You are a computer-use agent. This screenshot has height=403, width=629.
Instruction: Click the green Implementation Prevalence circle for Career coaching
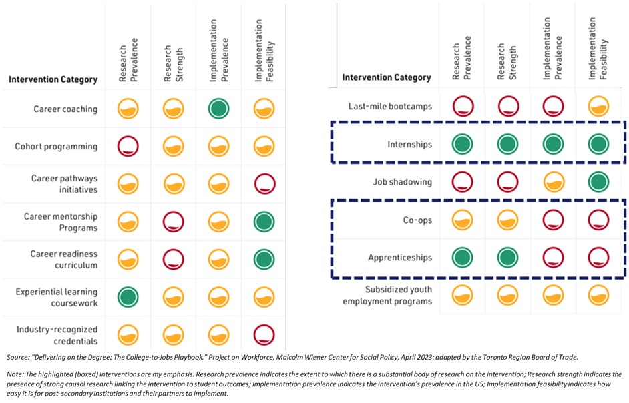pyautogui.click(x=218, y=109)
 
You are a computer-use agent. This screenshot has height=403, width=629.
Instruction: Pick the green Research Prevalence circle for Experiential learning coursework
pyautogui.click(x=128, y=297)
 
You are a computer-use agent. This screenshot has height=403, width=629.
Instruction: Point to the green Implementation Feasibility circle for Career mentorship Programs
pyautogui.click(x=264, y=222)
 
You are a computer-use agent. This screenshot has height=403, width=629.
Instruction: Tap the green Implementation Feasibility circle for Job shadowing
pyautogui.click(x=598, y=181)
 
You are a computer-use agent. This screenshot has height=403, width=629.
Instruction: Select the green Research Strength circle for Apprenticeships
pyautogui.click(x=508, y=257)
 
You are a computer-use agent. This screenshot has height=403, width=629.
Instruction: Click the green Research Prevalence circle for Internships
pyautogui.click(x=462, y=144)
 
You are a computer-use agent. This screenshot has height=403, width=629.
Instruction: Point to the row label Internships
pyautogui.click(x=409, y=144)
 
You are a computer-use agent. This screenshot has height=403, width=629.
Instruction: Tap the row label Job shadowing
pyautogui.click(x=403, y=182)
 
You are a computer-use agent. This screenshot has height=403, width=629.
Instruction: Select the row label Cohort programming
pyautogui.click(x=56, y=147)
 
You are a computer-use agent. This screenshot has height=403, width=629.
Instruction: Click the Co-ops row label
pyautogui.click(x=417, y=220)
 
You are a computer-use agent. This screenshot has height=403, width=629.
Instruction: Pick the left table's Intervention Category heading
pyautogui.click(x=53, y=79)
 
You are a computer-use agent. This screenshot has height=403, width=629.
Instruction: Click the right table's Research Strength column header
pyautogui.click(x=507, y=62)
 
